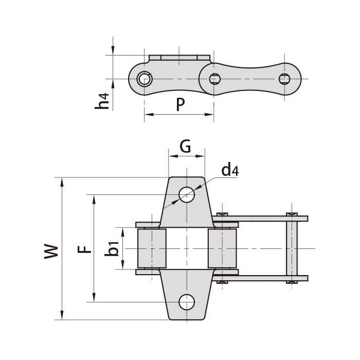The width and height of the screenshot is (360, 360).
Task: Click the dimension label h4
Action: point(102,101)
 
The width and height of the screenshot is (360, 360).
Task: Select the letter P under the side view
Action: point(181,104)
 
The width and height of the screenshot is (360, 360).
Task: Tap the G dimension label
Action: point(185,146)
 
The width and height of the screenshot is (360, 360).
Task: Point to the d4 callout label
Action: point(230,170)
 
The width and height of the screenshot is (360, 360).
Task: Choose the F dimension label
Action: point(84,249)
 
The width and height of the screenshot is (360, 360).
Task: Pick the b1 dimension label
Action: point(112,248)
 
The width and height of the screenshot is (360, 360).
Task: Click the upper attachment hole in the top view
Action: point(187,195)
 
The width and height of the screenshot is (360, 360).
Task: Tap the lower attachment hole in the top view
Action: point(187,302)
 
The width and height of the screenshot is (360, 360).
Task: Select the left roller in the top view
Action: point(152,248)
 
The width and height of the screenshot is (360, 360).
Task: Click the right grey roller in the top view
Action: point(222,248)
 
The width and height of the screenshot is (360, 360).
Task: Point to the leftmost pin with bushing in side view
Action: point(144,79)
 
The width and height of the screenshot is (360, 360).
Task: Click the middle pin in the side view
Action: point(215,79)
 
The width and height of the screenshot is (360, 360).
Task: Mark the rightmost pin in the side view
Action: point(284,79)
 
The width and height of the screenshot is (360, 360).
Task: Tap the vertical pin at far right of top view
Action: point(292,248)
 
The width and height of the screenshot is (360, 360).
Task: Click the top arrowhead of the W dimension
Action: point(62,182)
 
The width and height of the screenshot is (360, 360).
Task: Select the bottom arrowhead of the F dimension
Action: point(94,297)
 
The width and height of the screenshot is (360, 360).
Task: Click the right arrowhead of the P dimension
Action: point(209,114)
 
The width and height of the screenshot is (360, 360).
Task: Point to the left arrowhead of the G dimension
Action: point(173,156)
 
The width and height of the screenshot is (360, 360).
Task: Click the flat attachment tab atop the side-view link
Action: point(179,58)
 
